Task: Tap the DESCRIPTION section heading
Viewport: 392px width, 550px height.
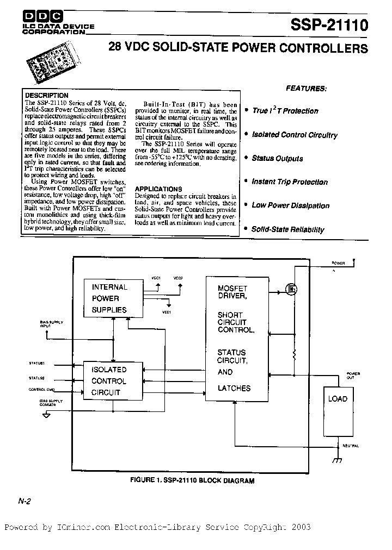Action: pos(46,96)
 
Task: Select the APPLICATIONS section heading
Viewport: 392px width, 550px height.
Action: pos(157,189)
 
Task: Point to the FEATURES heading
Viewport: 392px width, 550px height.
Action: pos(307,88)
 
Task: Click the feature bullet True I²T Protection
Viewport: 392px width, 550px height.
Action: pos(285,111)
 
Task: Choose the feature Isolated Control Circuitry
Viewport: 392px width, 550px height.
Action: pos(294,135)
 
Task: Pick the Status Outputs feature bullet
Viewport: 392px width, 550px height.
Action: pos(277,159)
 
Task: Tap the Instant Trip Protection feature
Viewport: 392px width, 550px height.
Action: pos(289,182)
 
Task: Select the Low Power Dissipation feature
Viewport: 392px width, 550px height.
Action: pos(290,205)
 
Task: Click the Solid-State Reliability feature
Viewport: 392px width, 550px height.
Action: pos(287,229)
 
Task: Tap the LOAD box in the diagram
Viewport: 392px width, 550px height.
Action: pos(338,399)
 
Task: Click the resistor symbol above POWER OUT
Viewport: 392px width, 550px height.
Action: pos(294,356)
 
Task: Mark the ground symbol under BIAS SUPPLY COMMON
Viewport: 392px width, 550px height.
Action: pos(46,415)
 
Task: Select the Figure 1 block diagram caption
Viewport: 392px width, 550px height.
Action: pos(192,480)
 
